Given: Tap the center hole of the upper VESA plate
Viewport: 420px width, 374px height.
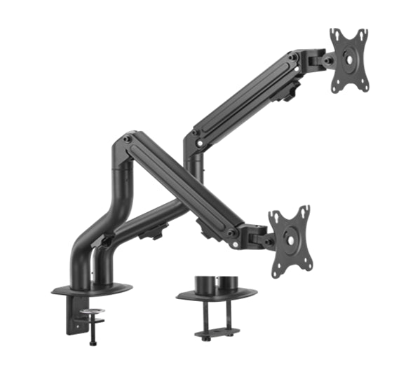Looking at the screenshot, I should [x=349, y=60].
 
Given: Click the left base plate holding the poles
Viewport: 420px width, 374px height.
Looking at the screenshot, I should [x=91, y=288].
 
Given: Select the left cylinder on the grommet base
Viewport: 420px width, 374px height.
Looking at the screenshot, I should [x=204, y=284].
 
